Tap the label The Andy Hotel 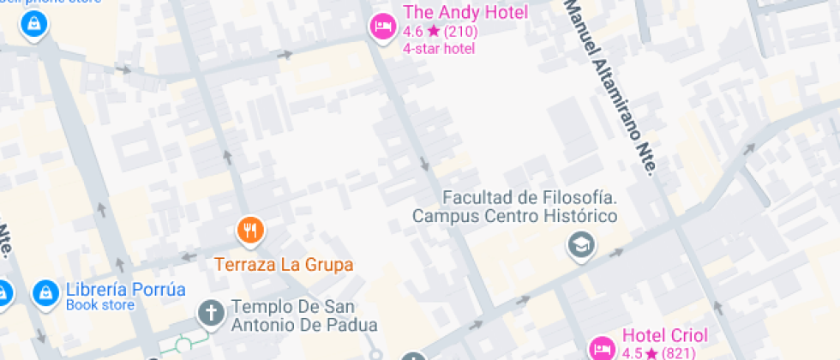(465, 13)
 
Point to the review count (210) (460, 32)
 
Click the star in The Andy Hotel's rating (433, 32)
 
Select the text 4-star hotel (439, 48)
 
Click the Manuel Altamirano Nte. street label (609, 86)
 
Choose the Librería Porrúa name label (125, 289)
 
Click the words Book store (100, 305)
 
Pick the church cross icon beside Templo (210, 313)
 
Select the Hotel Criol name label (665, 335)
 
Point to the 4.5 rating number (633, 353)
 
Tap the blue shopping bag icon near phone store (34, 24)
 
